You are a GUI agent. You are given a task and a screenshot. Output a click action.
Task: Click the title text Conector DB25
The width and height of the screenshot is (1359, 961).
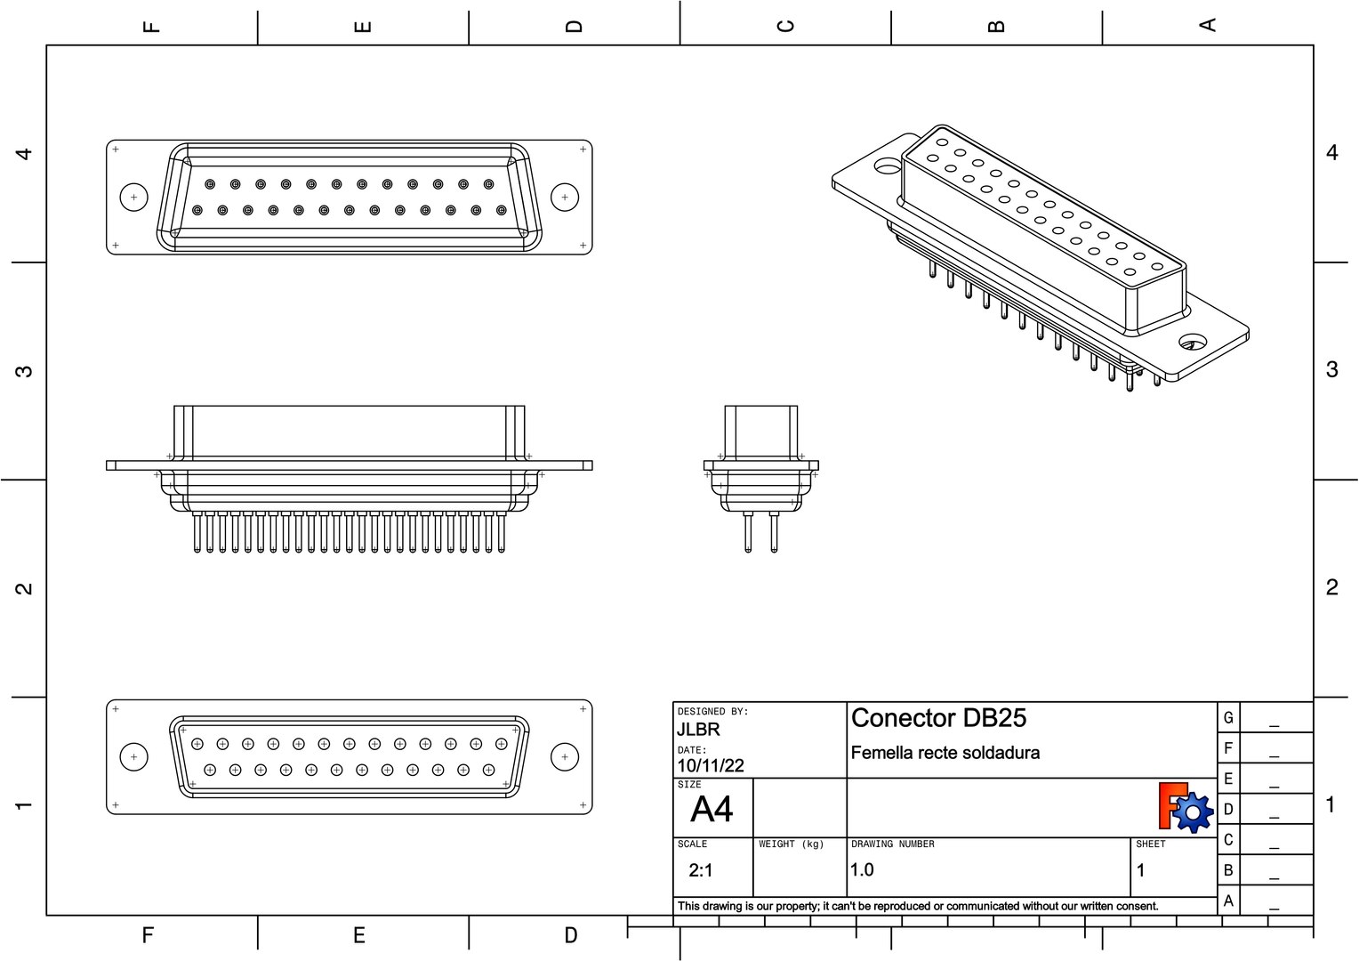point(938,718)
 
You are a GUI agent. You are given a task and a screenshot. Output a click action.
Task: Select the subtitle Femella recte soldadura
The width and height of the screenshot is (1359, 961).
point(945,753)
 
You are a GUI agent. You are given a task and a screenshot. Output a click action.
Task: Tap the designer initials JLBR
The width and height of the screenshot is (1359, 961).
point(698,730)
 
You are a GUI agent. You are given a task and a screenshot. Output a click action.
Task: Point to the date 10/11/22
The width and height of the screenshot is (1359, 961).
point(711,765)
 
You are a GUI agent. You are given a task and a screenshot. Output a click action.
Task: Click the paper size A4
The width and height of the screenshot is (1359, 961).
point(712,810)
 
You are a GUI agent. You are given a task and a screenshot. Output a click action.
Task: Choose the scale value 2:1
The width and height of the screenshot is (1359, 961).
point(701,870)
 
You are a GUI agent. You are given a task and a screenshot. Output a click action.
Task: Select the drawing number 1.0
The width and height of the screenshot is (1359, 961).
point(862,870)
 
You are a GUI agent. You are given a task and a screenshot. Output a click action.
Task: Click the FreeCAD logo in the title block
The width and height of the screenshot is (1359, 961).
point(1186,807)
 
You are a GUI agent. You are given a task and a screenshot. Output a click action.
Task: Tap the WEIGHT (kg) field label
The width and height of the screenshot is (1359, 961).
point(791,844)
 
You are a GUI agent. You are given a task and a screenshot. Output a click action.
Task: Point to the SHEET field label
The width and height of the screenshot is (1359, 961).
point(1150,844)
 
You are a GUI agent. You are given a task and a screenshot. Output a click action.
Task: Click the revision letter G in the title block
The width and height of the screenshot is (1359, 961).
point(1228,718)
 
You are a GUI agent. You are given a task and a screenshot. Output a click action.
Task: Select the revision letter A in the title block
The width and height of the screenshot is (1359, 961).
point(1228,900)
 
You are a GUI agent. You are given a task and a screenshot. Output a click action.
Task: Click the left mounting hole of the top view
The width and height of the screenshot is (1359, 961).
point(133,197)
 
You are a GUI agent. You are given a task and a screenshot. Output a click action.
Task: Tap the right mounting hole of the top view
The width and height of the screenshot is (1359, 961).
point(565,197)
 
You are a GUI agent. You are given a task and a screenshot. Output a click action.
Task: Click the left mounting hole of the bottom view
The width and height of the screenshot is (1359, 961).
point(133,757)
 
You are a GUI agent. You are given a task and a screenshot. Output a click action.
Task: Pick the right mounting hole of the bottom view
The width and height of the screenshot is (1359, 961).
point(565,757)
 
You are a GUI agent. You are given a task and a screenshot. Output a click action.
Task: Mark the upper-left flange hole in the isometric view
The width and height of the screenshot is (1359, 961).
point(887,166)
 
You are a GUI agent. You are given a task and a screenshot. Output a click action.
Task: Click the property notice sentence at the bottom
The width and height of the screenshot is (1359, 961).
point(918,906)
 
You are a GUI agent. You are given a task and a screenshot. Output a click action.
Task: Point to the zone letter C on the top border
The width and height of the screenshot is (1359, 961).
point(785,25)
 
